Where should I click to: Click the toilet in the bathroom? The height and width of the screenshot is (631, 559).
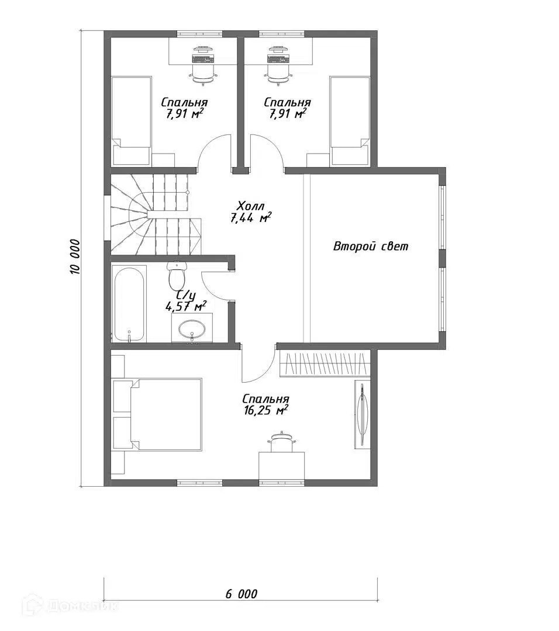click(176, 275)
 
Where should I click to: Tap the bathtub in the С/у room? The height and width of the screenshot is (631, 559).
click(129, 304)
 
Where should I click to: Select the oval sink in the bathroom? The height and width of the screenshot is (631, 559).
click(192, 330)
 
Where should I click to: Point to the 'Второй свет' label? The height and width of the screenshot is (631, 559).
click(371, 246)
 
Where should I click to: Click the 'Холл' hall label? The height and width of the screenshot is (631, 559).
click(250, 206)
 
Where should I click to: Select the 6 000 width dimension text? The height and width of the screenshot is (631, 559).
click(241, 594)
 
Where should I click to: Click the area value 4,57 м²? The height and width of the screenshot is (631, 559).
click(187, 307)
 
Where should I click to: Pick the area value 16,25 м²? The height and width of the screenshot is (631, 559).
click(265, 411)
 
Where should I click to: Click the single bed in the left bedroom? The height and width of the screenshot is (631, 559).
click(132, 121)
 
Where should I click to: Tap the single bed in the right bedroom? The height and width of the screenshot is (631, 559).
click(350, 121)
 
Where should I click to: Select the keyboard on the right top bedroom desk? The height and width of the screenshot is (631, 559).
click(278, 59)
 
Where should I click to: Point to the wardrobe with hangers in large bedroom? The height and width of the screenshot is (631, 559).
click(324, 364)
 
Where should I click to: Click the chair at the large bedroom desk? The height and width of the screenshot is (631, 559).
click(281, 442)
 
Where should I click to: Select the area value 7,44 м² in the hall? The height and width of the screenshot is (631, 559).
click(250, 218)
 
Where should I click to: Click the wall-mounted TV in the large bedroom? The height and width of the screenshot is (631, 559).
click(362, 414)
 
